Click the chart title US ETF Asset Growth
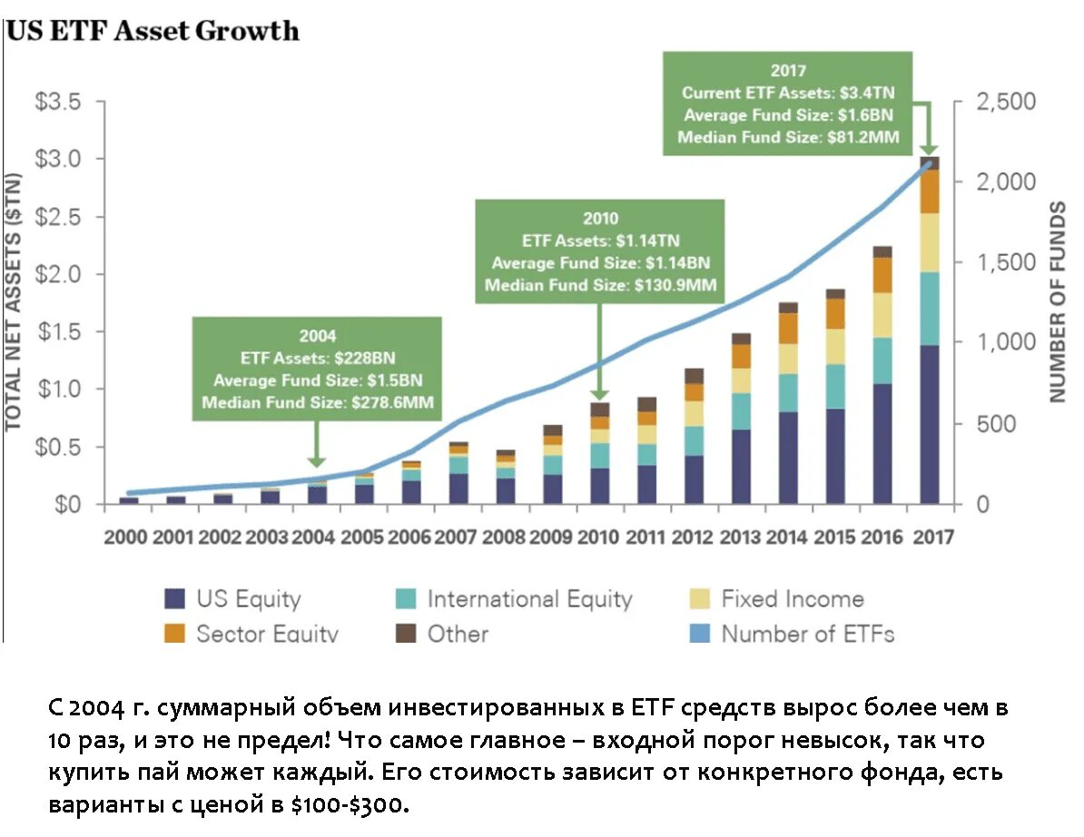pyautogui.click(x=153, y=31)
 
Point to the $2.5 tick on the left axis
pyautogui.click(x=56, y=217)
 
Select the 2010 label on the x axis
pyautogui.click(x=600, y=537)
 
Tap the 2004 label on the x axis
pyautogui.click(x=315, y=537)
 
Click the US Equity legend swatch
pyautogui.click(x=175, y=599)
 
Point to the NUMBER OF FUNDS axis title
pyautogui.click(x=1057, y=303)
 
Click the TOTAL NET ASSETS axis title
pyautogui.click(x=15, y=303)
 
